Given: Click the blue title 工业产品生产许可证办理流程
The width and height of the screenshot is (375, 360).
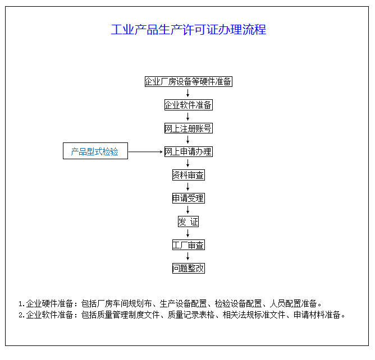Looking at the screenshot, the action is coord(189,30).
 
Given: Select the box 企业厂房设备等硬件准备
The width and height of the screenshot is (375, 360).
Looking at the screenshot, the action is coord(189,82).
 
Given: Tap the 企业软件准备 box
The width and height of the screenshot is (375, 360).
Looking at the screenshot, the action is coord(189,105).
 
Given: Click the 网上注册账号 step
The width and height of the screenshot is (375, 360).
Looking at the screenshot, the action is coord(189,128).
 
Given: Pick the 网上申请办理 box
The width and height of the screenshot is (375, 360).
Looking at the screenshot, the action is coord(189,152).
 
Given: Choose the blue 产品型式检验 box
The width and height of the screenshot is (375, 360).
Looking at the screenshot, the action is coord(95,151).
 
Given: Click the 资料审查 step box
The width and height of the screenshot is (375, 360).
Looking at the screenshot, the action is coord(189,175).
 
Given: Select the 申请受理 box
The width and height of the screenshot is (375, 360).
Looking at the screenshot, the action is coord(189,199).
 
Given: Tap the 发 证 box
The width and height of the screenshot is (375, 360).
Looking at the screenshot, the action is coord(188,221).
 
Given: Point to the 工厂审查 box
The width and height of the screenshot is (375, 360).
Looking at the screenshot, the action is coord(189,245).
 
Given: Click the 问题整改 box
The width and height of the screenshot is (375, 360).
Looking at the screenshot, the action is coord(189,268).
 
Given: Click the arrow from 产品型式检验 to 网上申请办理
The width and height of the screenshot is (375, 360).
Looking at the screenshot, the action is coord(145,152).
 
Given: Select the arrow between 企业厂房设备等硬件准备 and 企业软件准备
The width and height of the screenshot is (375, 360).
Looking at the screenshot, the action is coord(187,93).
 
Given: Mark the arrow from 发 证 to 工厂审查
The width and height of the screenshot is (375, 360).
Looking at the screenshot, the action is coord(187,233).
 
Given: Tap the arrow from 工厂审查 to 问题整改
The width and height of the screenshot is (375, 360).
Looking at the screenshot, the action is coord(187,256).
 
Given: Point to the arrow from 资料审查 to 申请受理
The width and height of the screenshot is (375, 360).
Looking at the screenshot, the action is coord(187,187).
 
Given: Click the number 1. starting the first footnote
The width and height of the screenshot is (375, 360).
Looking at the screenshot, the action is coord(21,304).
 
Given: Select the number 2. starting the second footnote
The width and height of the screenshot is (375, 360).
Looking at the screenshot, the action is coord(21,315).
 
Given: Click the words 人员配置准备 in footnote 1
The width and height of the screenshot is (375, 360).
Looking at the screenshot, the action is coord(293,303).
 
